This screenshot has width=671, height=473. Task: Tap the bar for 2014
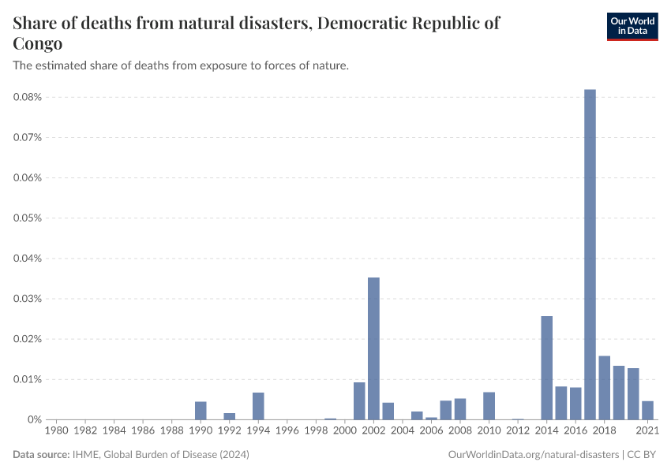tap(546, 367)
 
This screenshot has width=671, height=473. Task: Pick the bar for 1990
tap(201, 410)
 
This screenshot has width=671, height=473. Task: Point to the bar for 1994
tap(258, 405)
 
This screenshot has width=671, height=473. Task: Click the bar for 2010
tap(489, 405)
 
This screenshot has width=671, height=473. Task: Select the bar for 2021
tap(647, 410)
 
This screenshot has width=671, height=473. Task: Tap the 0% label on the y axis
tap(34, 419)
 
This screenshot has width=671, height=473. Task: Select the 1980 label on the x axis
tap(56, 430)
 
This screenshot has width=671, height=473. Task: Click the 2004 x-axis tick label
tap(403, 430)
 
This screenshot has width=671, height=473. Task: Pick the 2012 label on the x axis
tap(518, 430)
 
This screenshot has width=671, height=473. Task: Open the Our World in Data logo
tap(632, 26)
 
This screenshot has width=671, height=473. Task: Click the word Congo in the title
tap(38, 43)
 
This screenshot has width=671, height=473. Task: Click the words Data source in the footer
tap(41, 455)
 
